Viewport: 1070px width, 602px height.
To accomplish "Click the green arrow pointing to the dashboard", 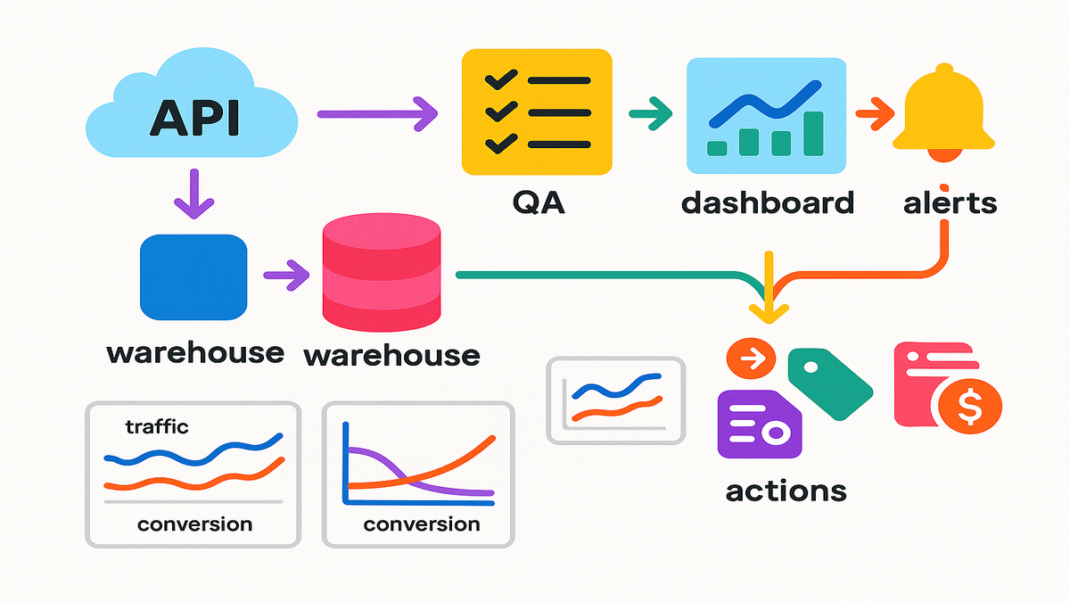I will click(x=651, y=113).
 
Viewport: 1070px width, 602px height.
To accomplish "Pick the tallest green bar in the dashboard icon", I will click(x=812, y=133).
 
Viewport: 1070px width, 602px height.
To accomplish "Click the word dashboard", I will click(x=767, y=202).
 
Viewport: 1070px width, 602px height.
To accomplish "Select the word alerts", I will click(x=949, y=202).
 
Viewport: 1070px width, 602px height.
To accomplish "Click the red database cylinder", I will click(x=381, y=276).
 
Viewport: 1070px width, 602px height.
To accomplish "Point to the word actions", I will click(x=786, y=490).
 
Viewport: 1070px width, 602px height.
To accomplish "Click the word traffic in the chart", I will click(x=157, y=427).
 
